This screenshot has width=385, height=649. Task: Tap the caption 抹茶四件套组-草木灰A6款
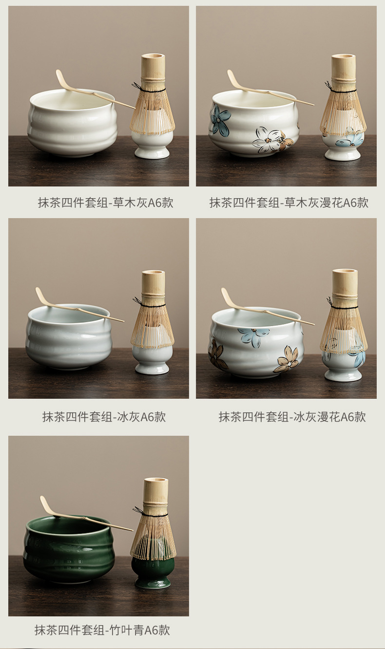[106, 203]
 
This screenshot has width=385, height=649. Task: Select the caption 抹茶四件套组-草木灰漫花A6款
[289, 203]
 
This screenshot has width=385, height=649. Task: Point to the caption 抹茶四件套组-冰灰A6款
[104, 417]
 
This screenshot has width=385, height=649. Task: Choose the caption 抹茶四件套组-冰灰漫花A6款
[292, 417]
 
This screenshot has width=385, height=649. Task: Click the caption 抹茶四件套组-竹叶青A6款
[102, 630]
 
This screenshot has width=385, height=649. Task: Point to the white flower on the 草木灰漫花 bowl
[267, 140]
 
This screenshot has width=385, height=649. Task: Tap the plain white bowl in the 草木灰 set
[73, 123]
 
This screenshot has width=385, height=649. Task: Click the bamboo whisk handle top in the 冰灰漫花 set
[344, 271]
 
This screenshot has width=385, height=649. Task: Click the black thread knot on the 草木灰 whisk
[136, 86]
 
